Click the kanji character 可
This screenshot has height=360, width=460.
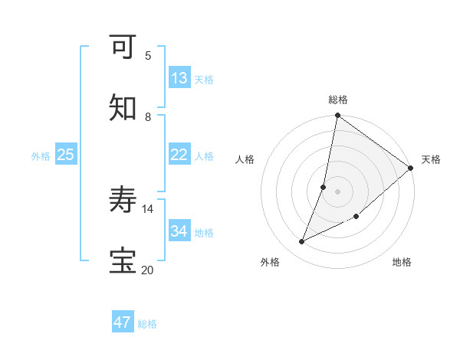coord(123,47)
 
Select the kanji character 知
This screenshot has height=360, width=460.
coord(123,108)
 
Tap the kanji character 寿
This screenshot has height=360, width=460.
coord(123,201)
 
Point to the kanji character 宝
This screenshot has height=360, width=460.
coord(123,261)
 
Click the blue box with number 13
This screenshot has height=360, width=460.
coord(179,78)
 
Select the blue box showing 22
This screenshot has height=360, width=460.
coord(179,155)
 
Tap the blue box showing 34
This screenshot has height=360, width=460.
coord(179,231)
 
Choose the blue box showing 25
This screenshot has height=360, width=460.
coord(66,155)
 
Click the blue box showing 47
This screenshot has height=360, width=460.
coord(123,322)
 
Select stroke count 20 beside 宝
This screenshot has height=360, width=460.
coord(147,270)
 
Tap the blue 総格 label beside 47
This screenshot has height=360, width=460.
coord(147,324)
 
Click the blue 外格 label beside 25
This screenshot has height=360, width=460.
coord(41,156)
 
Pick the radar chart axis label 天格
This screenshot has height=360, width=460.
coord(431,159)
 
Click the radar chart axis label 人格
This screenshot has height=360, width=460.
coord(245,159)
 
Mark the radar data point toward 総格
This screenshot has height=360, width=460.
coord(337,116)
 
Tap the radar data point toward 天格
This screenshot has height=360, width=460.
coord(410,168)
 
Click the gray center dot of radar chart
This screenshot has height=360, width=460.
coord(337,191)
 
